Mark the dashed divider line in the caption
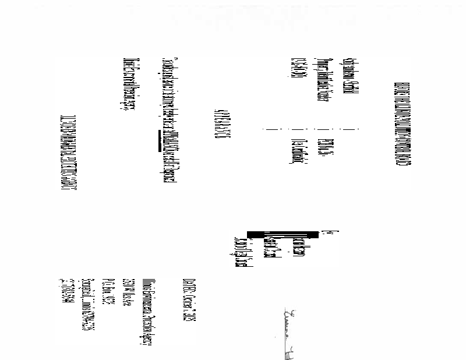[x=312, y=129]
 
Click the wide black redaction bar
[x=283, y=234]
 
